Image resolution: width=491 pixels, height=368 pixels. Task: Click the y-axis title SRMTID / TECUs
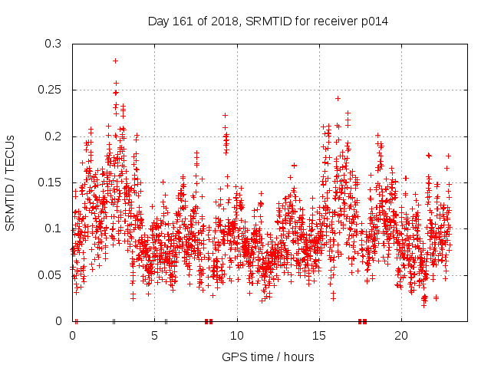[x=10, y=182]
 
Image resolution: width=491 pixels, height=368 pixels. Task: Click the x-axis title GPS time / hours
[x=268, y=357]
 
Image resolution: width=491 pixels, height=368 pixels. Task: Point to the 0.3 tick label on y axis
[x=53, y=44]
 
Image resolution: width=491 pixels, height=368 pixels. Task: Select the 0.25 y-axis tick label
[x=50, y=90]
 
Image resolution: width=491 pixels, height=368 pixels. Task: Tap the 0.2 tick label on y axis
[x=53, y=136]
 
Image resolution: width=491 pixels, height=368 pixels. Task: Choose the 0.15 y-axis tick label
[x=50, y=182]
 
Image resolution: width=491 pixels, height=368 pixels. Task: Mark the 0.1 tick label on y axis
[x=53, y=228]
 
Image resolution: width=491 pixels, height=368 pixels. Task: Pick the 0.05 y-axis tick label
[x=50, y=275]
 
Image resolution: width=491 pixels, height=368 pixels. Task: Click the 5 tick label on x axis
[x=155, y=336]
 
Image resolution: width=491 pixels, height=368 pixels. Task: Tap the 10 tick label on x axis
[x=237, y=336]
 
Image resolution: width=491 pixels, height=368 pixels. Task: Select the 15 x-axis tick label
[x=319, y=336]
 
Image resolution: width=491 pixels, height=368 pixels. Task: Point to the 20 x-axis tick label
[x=401, y=336]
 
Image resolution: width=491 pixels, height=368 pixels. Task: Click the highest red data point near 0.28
[x=115, y=61]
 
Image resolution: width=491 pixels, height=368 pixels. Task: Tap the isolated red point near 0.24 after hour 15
[x=338, y=98]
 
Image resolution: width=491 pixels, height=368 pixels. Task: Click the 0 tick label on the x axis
[x=73, y=336]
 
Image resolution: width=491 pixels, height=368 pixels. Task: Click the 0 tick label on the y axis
[x=59, y=321]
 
